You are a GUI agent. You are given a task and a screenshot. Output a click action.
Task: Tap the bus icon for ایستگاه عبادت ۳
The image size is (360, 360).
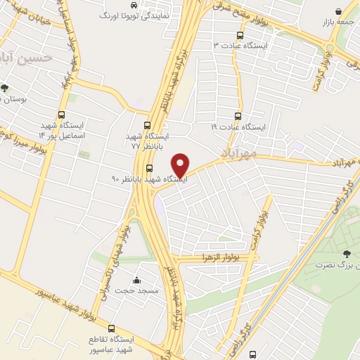(240, 34)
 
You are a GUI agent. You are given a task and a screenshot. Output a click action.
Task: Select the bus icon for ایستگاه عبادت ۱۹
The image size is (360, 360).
(238, 117)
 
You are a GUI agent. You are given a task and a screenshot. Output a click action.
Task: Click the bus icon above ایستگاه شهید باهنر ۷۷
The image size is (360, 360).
(146, 125)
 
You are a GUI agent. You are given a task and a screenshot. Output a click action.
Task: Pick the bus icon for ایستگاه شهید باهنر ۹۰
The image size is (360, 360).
(149, 167)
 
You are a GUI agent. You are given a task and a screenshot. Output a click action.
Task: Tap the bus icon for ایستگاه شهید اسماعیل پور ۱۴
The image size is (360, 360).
(62, 115)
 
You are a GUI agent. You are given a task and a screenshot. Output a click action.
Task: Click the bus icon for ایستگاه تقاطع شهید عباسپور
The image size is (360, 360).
(112, 328)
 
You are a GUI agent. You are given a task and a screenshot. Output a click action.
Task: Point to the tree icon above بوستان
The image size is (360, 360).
(5, 89)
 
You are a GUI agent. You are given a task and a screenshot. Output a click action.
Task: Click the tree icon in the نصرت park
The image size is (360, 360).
(345, 254)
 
